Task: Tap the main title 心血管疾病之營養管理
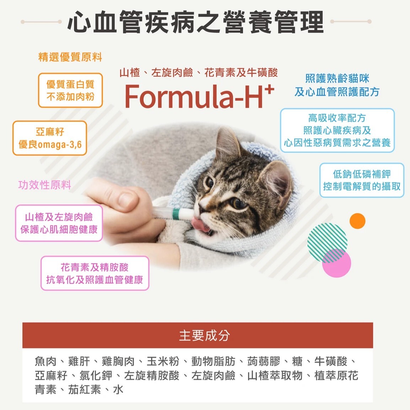pyautogui.click(x=195, y=22)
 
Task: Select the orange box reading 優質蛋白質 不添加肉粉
pyautogui.click(x=70, y=90)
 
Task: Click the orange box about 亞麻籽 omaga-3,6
pyautogui.click(x=50, y=138)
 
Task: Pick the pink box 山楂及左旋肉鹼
pyautogui.click(x=59, y=223)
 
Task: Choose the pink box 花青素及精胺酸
pyautogui.click(x=95, y=273)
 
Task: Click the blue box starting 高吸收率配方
pyautogui.click(x=337, y=130)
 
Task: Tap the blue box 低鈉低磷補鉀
pyautogui.click(x=362, y=180)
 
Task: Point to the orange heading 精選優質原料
pyautogui.click(x=70, y=57)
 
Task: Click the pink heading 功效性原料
pyautogui.click(x=44, y=185)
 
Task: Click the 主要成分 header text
pyautogui.click(x=204, y=335)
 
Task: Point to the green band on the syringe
pyautogui.click(x=175, y=214)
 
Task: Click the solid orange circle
pyautogui.click(x=357, y=221)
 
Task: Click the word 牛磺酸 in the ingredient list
pyautogui.click(x=331, y=362)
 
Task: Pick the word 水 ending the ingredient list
pyautogui.click(x=118, y=389)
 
